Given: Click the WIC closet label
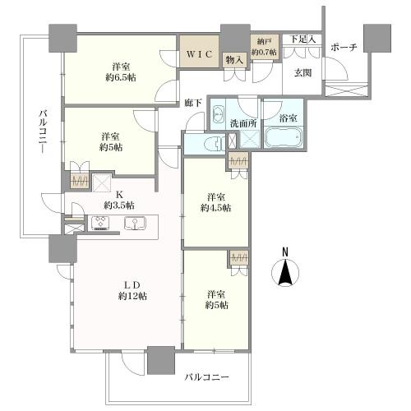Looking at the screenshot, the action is [200, 54].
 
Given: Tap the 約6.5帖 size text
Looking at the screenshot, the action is [121, 77].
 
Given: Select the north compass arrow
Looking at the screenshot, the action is [285, 273].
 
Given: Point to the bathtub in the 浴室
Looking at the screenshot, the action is [284, 137].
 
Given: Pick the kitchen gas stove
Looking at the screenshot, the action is [101, 223].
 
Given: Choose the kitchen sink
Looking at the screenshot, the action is [136, 223].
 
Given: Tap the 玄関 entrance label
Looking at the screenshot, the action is [302, 73].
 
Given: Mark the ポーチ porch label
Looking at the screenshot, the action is [344, 48].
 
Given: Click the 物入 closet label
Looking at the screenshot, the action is [234, 60].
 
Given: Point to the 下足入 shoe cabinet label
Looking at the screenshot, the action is [302, 39].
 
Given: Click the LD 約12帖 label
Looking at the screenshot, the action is [132, 291].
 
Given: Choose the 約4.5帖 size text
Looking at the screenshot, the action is [215, 208].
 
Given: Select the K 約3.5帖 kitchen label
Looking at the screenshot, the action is [119, 200].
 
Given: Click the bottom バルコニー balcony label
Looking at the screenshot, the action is [206, 377].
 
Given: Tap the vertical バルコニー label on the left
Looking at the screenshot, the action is [44, 132].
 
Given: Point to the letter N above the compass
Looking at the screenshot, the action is [285, 252].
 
